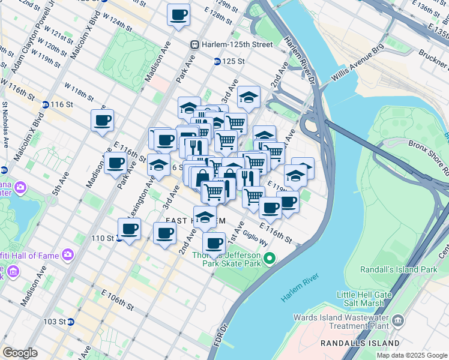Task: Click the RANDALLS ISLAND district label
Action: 357,343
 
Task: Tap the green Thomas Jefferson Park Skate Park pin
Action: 270,259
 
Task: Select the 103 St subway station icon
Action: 70,322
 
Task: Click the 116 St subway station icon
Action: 46,104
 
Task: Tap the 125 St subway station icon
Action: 217,61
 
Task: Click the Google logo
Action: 20,353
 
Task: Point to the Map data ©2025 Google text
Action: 411,355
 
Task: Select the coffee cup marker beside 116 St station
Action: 103,120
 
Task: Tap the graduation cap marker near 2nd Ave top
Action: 249,97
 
